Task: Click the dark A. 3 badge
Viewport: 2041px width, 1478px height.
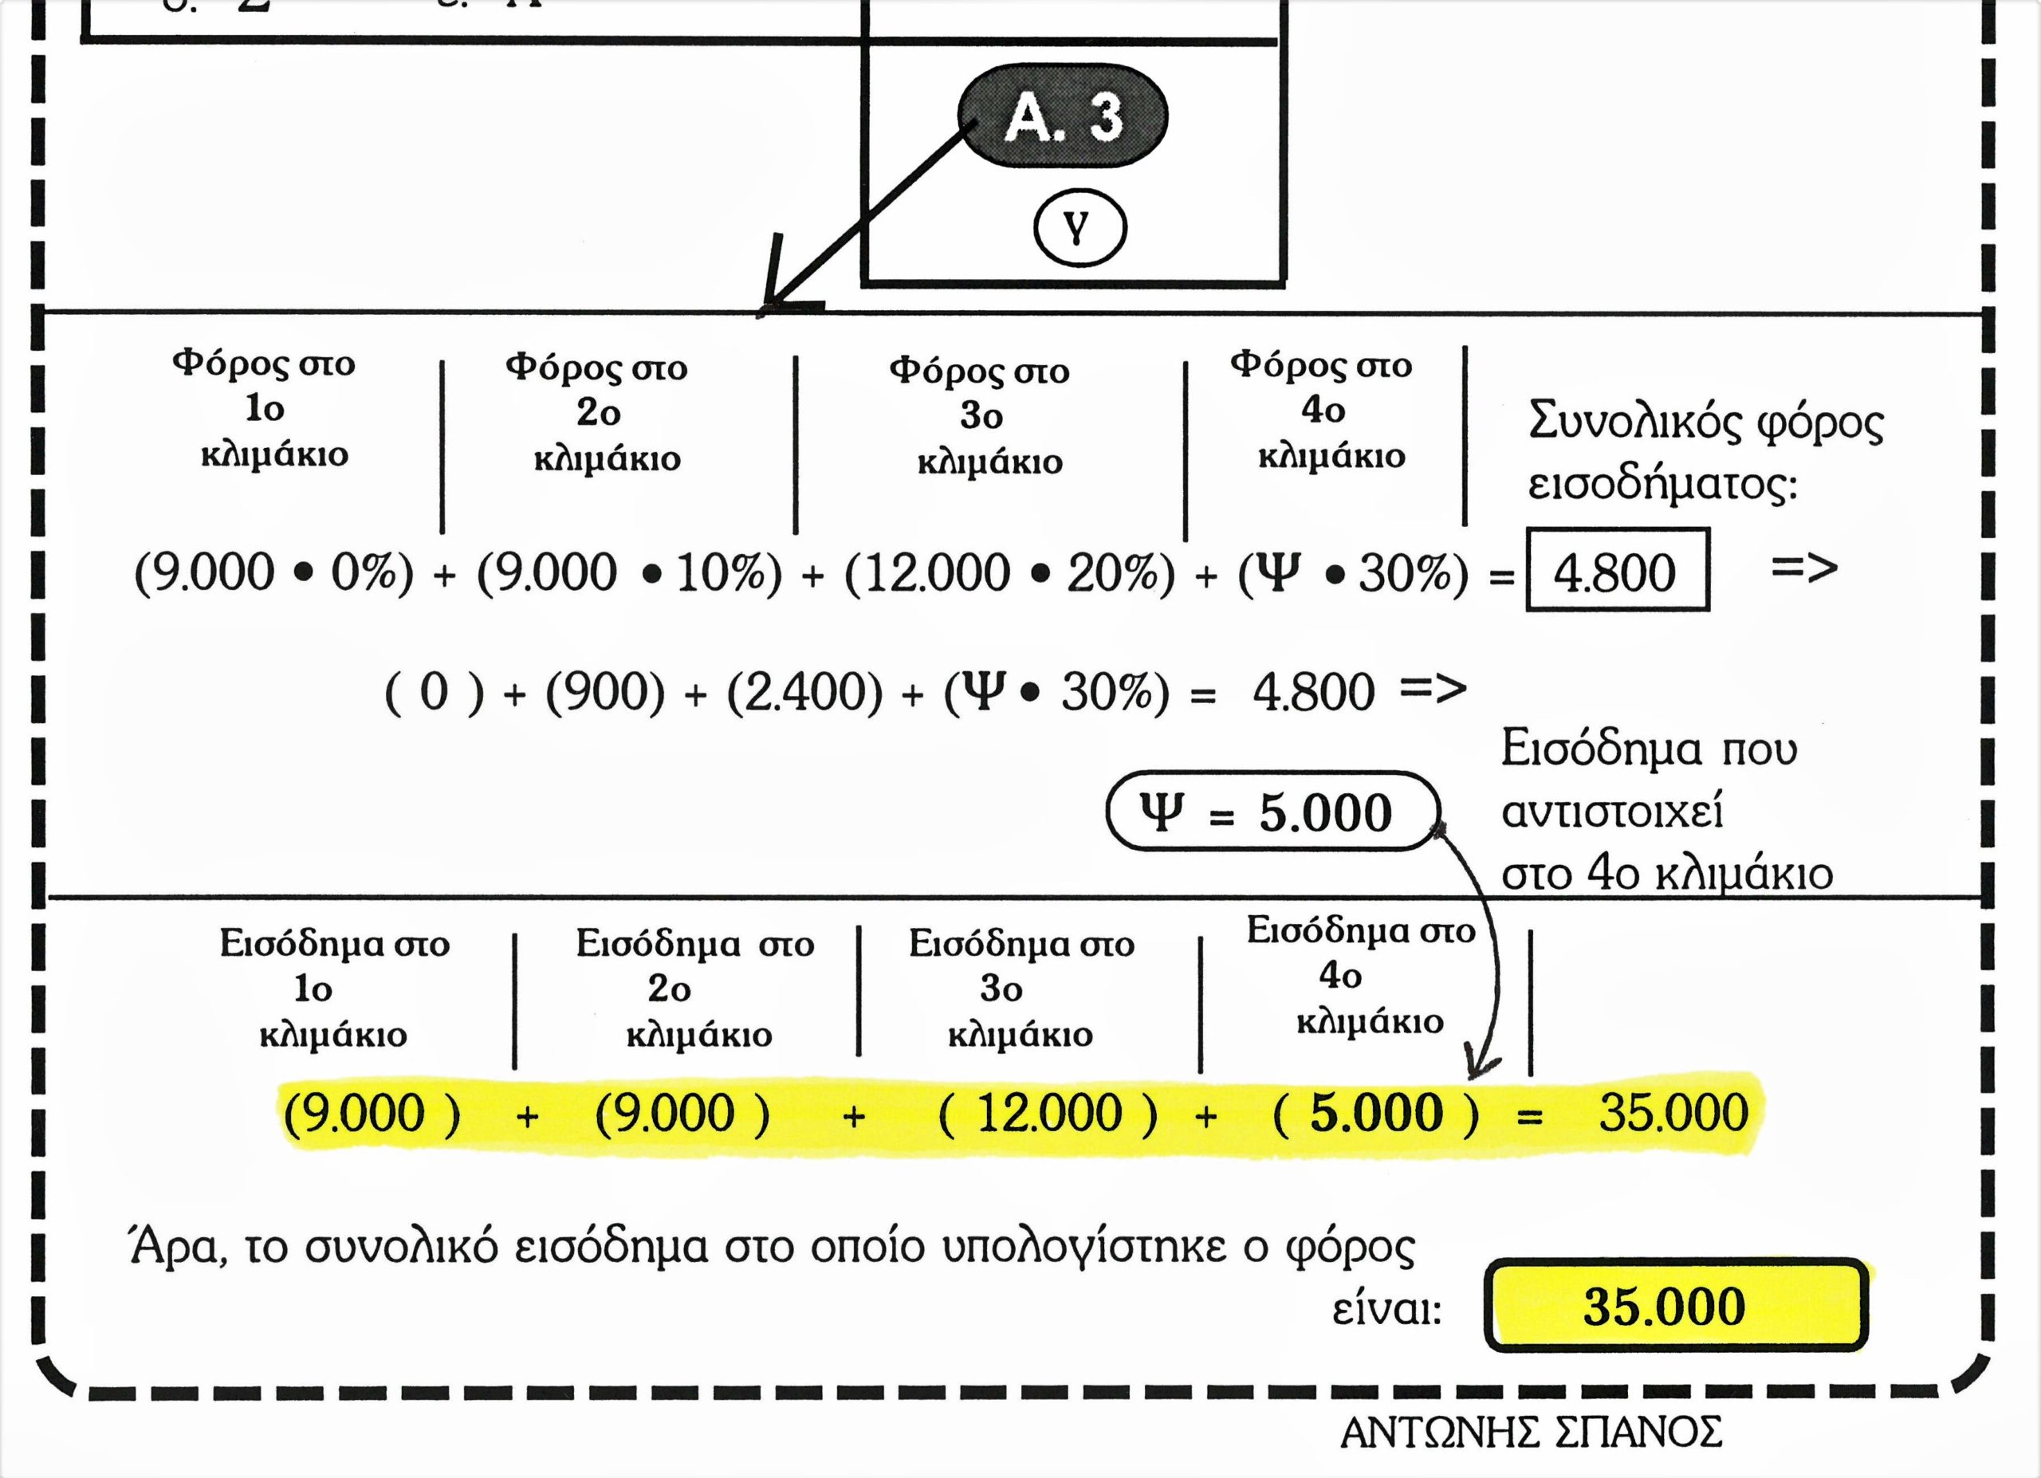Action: click(x=1063, y=117)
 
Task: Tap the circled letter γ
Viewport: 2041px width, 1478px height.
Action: click(x=1079, y=230)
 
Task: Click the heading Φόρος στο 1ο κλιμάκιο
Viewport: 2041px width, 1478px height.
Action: click(x=266, y=409)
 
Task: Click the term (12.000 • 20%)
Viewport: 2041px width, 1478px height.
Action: click(x=1009, y=573)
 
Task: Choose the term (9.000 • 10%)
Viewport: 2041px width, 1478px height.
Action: click(x=629, y=573)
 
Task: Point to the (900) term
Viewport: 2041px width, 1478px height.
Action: click(x=605, y=693)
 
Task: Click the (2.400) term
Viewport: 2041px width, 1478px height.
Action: click(x=804, y=693)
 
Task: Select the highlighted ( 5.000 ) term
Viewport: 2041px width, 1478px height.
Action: click(x=1376, y=1114)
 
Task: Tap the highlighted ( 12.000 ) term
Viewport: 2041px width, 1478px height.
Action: click(x=1048, y=1114)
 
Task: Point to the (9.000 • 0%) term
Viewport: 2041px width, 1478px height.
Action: click(x=273, y=573)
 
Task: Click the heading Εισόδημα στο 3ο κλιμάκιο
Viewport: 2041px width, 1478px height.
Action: click(x=1020, y=989)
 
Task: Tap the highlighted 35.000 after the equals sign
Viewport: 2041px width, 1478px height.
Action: click(x=1673, y=1114)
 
